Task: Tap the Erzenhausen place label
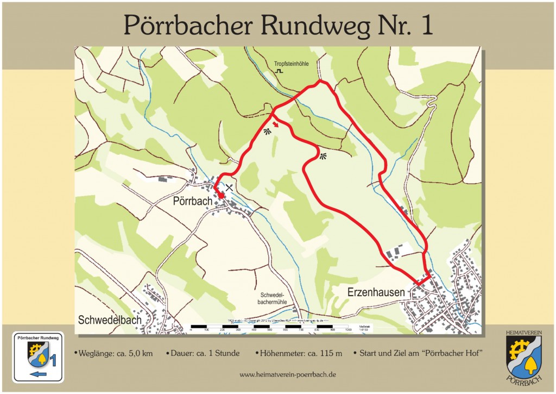(x=376, y=292)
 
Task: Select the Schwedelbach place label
(x=110, y=320)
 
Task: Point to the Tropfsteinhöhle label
(x=291, y=64)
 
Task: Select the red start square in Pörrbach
(x=220, y=196)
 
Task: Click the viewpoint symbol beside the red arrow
(x=267, y=131)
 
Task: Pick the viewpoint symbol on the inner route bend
(x=324, y=157)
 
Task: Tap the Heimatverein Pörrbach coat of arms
(x=523, y=356)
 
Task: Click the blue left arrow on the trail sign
(x=37, y=374)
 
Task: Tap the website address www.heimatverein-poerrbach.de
(x=288, y=374)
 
